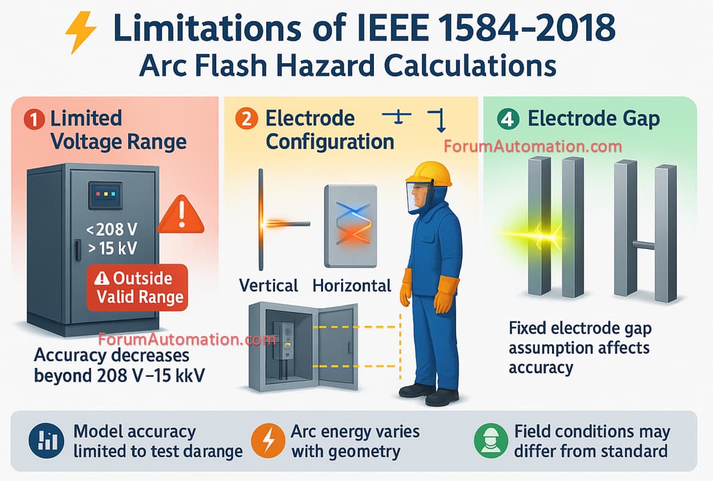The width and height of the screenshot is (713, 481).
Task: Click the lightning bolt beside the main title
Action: (x=81, y=32)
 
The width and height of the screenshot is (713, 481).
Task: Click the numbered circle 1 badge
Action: (x=34, y=120)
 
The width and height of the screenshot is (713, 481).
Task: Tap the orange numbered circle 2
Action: (x=246, y=119)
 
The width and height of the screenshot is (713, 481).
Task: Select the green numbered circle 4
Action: (x=508, y=119)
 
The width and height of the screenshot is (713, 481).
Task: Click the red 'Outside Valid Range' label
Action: (x=138, y=288)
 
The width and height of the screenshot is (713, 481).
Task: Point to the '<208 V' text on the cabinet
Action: (x=111, y=229)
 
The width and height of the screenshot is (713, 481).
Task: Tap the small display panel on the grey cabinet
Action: (x=105, y=195)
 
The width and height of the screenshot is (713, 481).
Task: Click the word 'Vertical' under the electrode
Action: (x=268, y=285)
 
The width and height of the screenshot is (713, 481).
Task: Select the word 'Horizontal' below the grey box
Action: (x=352, y=285)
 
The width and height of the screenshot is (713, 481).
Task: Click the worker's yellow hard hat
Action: (x=429, y=174)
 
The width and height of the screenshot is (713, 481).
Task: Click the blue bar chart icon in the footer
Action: (x=46, y=440)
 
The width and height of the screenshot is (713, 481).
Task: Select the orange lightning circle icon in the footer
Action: (x=268, y=440)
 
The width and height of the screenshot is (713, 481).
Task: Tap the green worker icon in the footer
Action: (x=491, y=440)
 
